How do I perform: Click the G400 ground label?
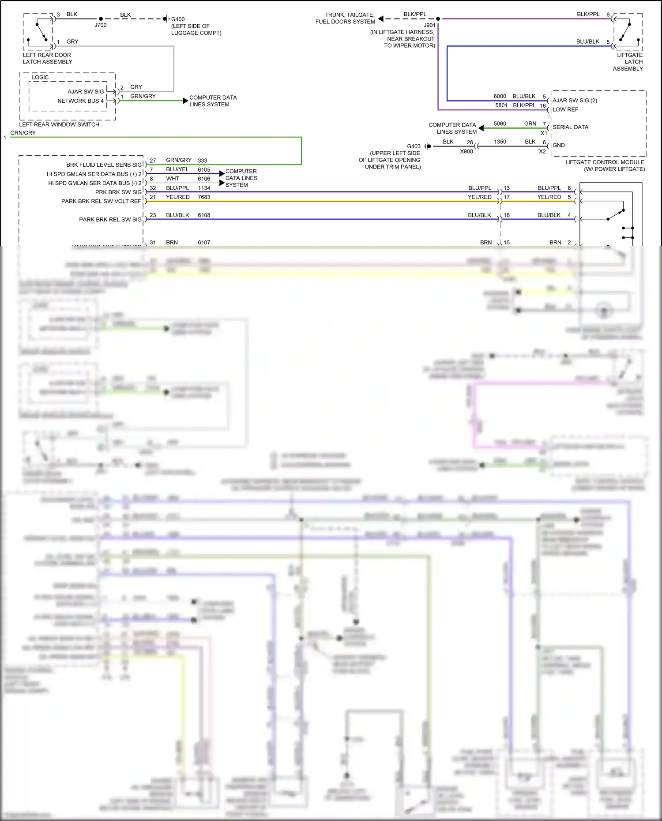(178, 19)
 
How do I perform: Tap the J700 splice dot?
(101, 19)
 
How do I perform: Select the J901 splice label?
(429, 26)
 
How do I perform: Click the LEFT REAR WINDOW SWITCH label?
(59, 124)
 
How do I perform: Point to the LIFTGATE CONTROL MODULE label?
(605, 162)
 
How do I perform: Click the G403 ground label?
(414, 146)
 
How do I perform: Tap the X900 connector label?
(466, 151)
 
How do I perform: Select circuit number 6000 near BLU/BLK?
(500, 96)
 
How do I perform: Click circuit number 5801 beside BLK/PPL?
(501, 105)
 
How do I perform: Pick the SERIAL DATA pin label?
(570, 127)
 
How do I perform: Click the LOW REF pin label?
(565, 109)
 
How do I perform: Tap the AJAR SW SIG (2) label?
(575, 101)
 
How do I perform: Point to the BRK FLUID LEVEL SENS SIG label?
(104, 165)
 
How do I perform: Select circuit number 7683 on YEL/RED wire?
(204, 197)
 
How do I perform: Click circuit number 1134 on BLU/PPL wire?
(204, 188)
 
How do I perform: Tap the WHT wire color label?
(173, 179)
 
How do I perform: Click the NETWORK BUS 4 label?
(80, 101)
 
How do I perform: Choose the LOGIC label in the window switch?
(40, 77)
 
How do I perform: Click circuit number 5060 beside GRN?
(500, 124)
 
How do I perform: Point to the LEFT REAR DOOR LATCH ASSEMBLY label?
(47, 58)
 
